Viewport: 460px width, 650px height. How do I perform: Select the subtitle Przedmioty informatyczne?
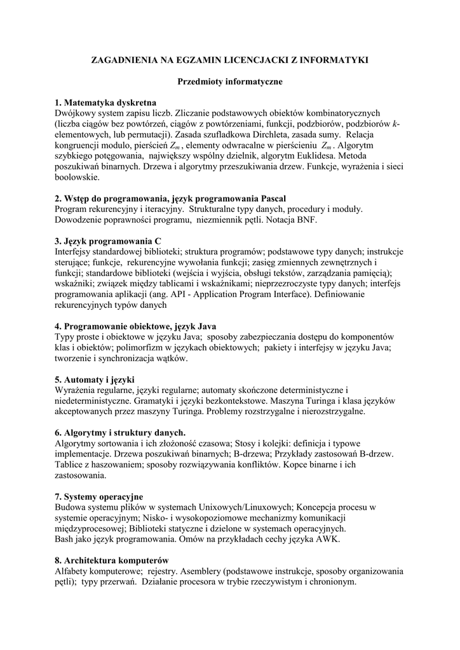229,81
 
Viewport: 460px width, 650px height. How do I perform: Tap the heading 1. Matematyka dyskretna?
105,103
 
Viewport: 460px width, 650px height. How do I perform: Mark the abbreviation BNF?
305,220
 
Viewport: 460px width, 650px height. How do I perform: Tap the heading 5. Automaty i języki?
90,380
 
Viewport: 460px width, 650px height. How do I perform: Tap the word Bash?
65,539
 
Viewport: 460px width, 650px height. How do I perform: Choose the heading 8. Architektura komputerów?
111,560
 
